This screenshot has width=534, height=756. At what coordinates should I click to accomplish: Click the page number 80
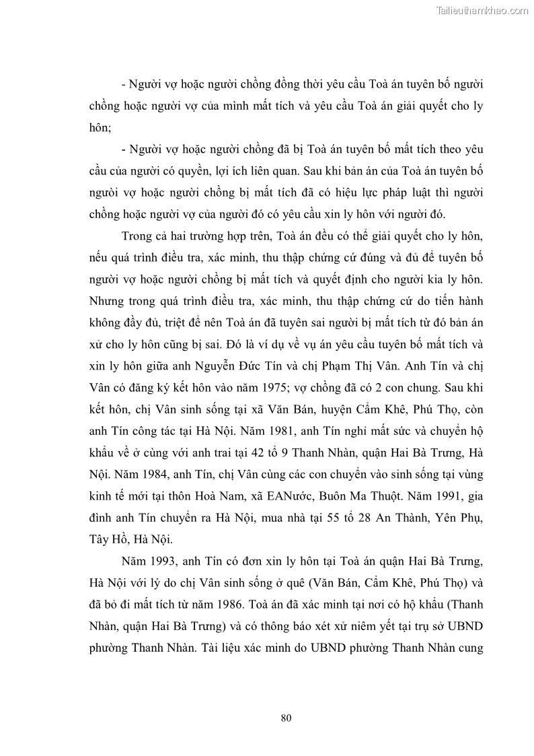click(286, 718)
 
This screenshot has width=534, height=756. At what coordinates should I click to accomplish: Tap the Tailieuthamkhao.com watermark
click(483, 10)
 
